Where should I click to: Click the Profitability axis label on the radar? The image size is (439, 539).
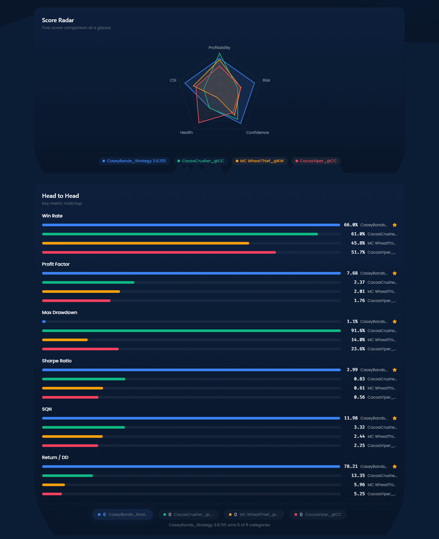pos(219,48)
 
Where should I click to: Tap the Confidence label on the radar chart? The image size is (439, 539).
pos(257,133)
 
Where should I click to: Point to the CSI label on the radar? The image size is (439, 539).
pos(173,80)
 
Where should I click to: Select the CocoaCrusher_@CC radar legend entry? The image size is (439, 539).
pos(201,161)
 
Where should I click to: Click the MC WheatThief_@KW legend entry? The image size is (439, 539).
pos(260,161)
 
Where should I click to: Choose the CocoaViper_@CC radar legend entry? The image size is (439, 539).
pos(316,161)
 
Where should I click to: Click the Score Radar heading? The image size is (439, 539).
pos(58,20)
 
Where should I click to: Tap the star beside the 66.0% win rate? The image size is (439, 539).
pos(395,225)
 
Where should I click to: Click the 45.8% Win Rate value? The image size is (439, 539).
pos(358,243)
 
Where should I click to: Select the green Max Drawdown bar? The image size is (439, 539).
pos(191,331)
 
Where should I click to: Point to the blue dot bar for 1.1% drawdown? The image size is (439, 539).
pos(44,322)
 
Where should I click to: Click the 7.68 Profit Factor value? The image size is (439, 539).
pos(352,273)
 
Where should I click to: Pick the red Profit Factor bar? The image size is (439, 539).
pos(76,301)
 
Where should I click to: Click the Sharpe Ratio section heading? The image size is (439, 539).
pos(57,361)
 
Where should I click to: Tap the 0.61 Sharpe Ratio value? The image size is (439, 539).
pos(359,388)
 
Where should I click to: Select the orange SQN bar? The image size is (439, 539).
pos(72,436)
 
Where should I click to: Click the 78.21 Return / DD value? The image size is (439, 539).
pos(351,467)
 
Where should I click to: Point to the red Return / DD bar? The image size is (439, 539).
pos(52,494)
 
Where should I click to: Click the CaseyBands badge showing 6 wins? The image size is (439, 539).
pos(123,515)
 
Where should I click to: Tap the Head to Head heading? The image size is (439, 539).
pos(60,196)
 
